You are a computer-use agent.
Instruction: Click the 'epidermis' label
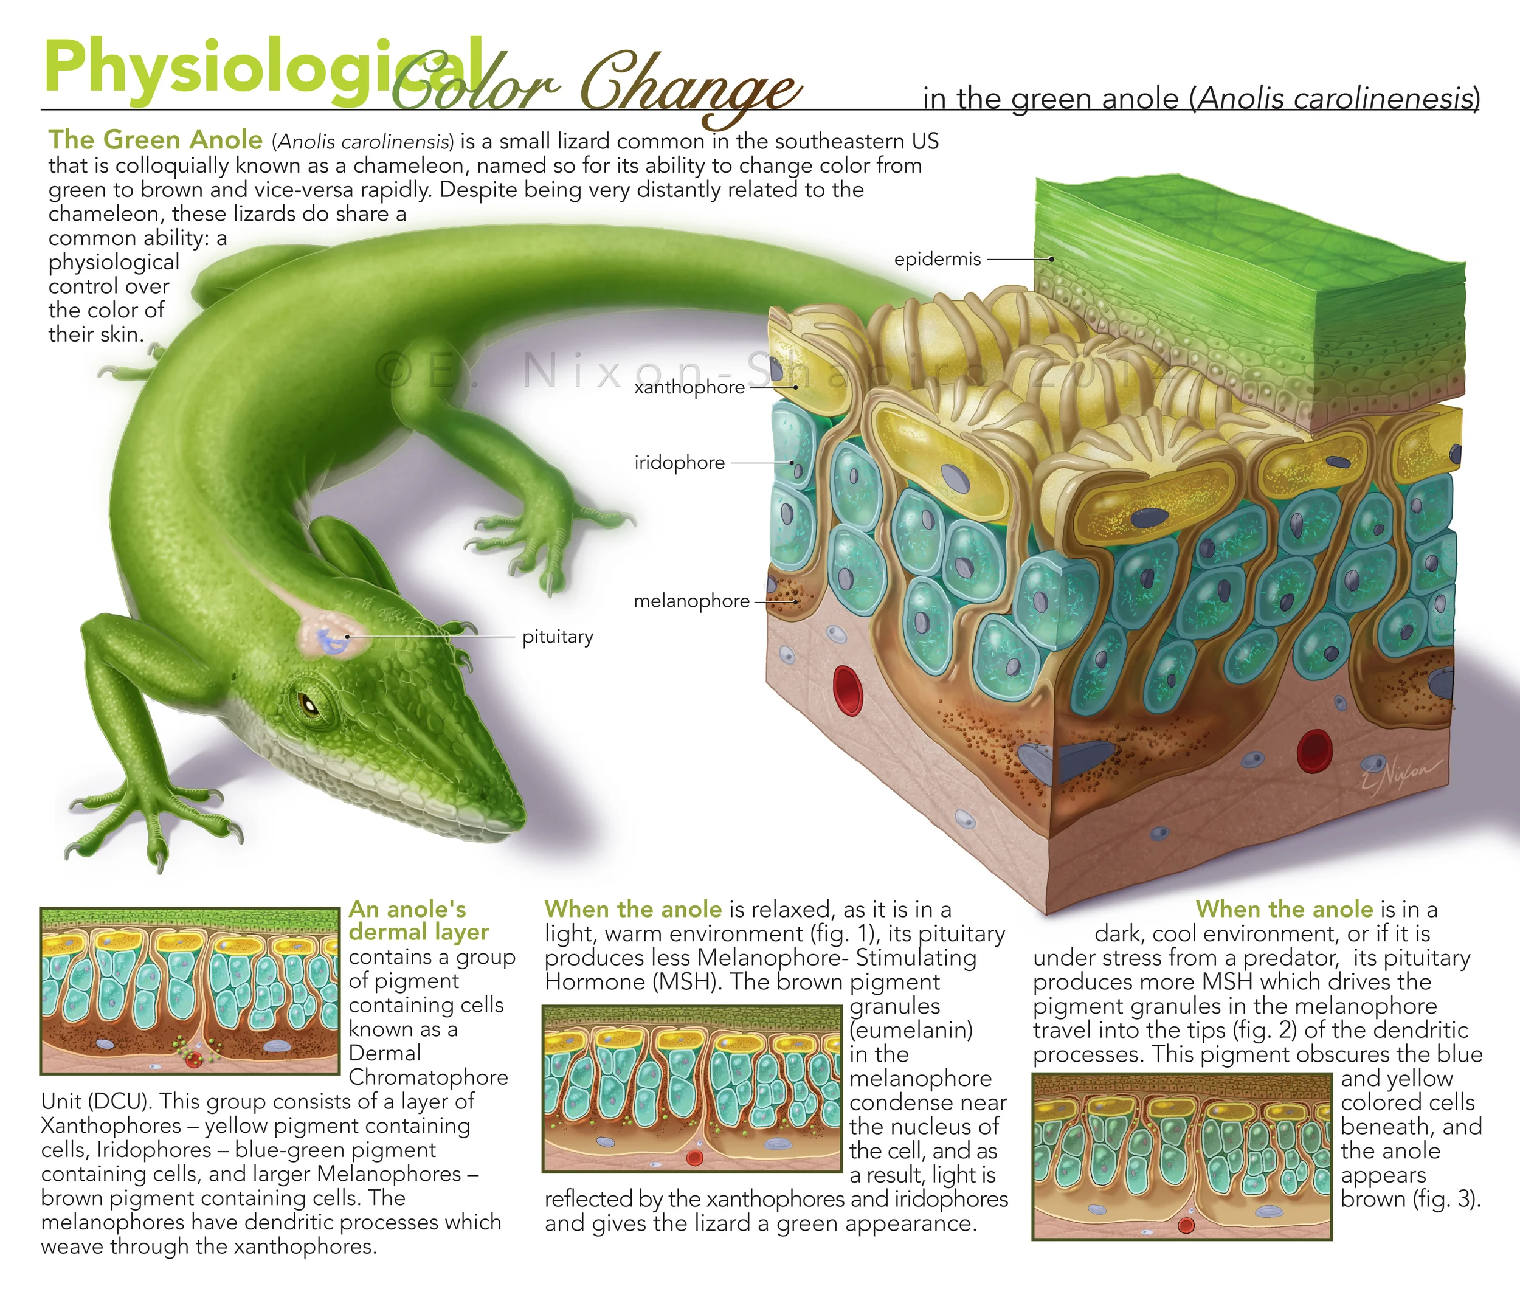click(937, 259)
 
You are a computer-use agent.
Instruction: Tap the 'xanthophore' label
click(689, 387)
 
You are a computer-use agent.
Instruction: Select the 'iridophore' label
click(679, 462)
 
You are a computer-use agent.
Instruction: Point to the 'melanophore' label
click(691, 601)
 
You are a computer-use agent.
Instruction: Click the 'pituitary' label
click(558, 636)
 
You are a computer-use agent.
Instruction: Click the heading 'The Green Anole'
click(156, 139)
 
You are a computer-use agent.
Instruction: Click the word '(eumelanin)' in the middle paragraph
click(911, 1030)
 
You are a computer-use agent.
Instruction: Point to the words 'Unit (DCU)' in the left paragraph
click(95, 1101)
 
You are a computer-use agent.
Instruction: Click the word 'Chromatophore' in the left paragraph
click(429, 1077)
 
